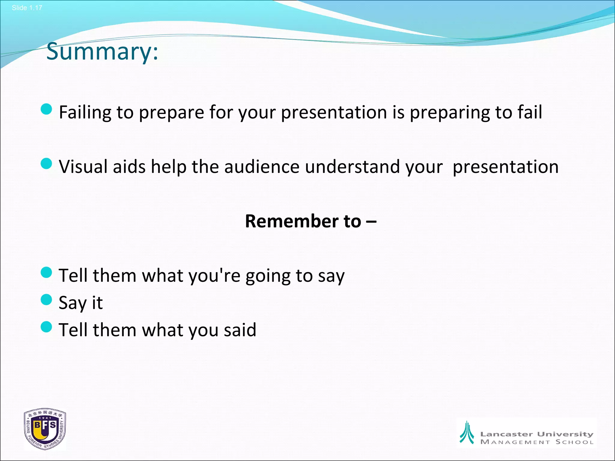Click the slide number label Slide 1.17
tap(27, 8)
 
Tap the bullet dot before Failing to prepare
tap(46, 109)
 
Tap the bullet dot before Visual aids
tap(46, 164)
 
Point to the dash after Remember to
tap(371, 222)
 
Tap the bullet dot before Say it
tap(46, 300)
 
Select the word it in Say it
tap(97, 303)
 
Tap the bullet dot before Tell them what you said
tap(46, 327)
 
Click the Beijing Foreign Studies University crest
tap(45, 429)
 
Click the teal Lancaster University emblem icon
tap(467, 432)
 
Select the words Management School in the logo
tap(537, 442)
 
